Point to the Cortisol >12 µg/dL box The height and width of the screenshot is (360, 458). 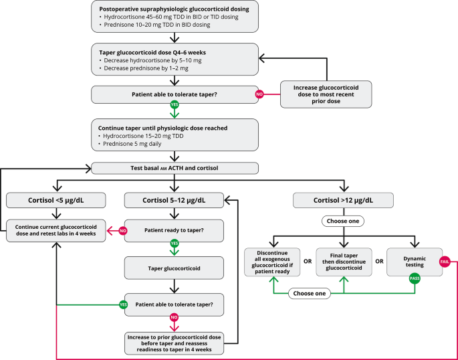(x=344, y=199)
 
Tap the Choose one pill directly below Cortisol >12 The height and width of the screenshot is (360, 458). (x=344, y=220)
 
